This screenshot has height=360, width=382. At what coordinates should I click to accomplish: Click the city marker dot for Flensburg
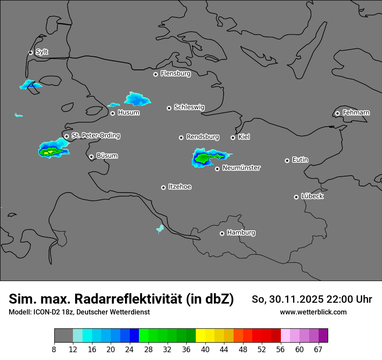[155, 74]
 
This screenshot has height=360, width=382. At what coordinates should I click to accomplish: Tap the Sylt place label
[42, 52]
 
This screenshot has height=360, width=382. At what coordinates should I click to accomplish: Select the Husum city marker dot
[112, 113]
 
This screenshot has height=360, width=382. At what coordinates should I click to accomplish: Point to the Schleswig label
[189, 107]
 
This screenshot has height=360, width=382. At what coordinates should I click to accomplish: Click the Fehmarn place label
[356, 113]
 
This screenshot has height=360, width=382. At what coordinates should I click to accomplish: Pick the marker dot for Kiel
[233, 137]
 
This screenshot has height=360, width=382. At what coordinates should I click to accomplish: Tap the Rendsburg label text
[202, 137]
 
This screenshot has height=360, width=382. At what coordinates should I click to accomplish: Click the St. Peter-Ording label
[95, 136]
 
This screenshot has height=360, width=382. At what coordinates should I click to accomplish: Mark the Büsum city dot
[91, 157]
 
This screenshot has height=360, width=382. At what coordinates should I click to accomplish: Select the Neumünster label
[241, 168]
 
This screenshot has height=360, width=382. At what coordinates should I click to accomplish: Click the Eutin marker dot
[287, 160]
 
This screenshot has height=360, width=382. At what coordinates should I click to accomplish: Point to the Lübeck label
[312, 196]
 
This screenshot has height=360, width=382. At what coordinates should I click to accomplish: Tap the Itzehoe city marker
[163, 187]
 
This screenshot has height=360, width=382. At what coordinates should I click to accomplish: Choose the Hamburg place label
[241, 232]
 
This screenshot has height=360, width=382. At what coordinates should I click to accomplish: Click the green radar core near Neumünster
[202, 158]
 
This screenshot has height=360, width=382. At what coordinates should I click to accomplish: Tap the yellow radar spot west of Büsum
[46, 152]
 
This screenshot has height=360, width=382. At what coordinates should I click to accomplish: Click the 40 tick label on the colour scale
[205, 350]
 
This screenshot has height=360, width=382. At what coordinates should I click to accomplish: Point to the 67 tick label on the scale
[318, 350]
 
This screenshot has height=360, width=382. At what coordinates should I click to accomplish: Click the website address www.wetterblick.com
[313, 312]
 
